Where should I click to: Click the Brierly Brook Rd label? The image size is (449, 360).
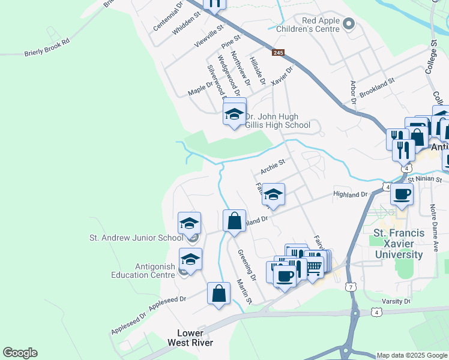click(x=47, y=48)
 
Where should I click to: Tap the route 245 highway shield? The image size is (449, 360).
click(x=277, y=53)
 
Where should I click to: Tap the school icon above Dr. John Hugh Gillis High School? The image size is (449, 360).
click(x=234, y=113)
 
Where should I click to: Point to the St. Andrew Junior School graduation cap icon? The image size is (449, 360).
click(x=190, y=224)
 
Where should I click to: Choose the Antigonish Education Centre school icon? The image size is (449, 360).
click(x=190, y=259)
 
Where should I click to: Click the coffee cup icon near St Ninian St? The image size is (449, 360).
click(x=402, y=193)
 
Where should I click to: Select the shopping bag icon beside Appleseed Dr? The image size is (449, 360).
click(x=219, y=294)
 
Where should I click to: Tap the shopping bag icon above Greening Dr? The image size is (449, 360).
click(x=234, y=220)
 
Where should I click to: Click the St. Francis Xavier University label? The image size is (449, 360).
click(x=399, y=244)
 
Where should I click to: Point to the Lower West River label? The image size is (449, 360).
click(x=194, y=338)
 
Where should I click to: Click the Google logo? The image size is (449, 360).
click(x=20, y=353)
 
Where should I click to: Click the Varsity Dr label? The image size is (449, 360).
click(x=396, y=301)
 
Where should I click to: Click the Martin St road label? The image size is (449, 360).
click(x=244, y=291)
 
